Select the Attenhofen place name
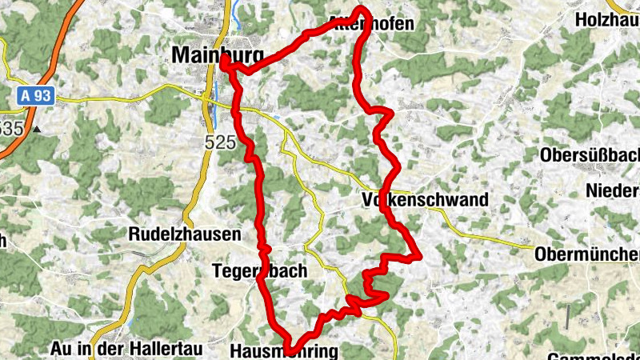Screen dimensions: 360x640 372,24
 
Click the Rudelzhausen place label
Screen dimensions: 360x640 185,235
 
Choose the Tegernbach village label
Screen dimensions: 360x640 259,271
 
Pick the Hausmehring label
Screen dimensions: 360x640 284,351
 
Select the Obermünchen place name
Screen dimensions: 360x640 586,254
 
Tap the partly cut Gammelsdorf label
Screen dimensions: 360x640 595,355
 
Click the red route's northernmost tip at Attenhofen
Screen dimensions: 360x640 362,9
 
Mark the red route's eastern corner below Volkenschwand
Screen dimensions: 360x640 417,255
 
